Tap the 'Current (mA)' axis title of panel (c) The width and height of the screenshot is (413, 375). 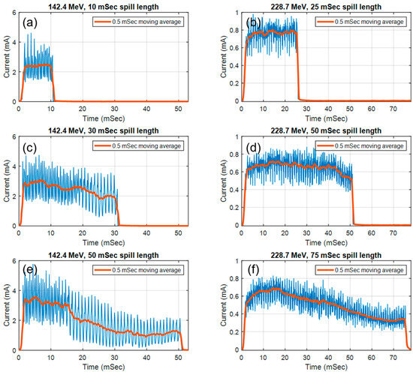[x=7, y=182]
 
